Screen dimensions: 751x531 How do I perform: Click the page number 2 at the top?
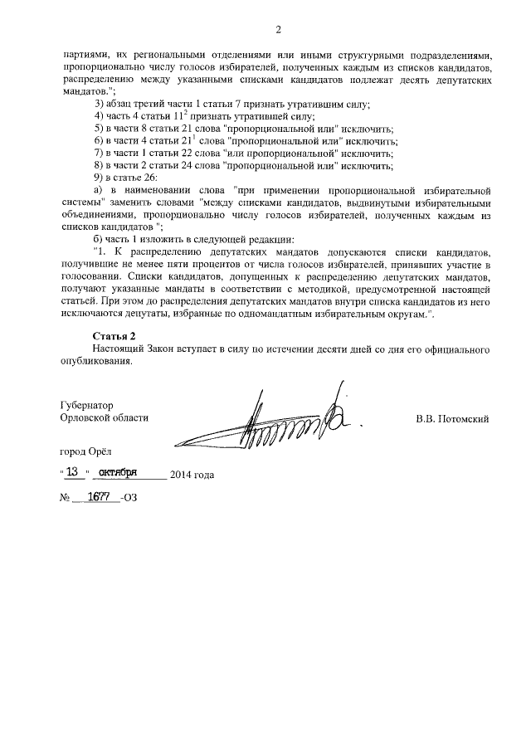click(x=278, y=31)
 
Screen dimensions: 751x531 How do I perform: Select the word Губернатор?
click(x=87, y=407)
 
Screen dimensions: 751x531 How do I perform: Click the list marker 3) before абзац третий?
click(x=100, y=104)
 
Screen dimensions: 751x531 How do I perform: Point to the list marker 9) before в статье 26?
click(x=100, y=178)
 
